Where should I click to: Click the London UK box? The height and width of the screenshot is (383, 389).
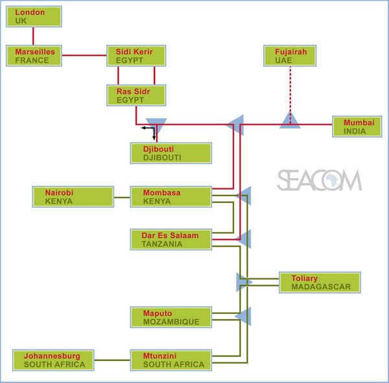34,17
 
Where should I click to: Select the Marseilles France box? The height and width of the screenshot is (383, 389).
34,56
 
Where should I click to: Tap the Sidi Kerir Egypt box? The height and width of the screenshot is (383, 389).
136,56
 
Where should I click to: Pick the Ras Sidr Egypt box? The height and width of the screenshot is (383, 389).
136,96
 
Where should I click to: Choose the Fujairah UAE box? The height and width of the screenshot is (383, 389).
290,56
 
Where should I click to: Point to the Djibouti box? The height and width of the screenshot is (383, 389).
171,153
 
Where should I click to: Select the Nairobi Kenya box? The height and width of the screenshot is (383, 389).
63,197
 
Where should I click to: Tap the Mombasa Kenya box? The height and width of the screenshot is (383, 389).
171,197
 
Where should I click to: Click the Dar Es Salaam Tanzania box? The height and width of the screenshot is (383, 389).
171,239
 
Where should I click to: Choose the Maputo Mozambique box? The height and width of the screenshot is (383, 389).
171,317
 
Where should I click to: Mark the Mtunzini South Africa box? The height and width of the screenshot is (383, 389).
171,360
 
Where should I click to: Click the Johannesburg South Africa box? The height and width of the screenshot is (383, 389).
54,360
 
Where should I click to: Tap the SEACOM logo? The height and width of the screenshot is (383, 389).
319,181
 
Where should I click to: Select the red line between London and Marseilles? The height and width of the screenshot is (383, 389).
33,36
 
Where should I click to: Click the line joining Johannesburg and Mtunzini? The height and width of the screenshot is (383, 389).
112,360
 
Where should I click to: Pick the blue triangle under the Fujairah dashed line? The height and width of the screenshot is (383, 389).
290,121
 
